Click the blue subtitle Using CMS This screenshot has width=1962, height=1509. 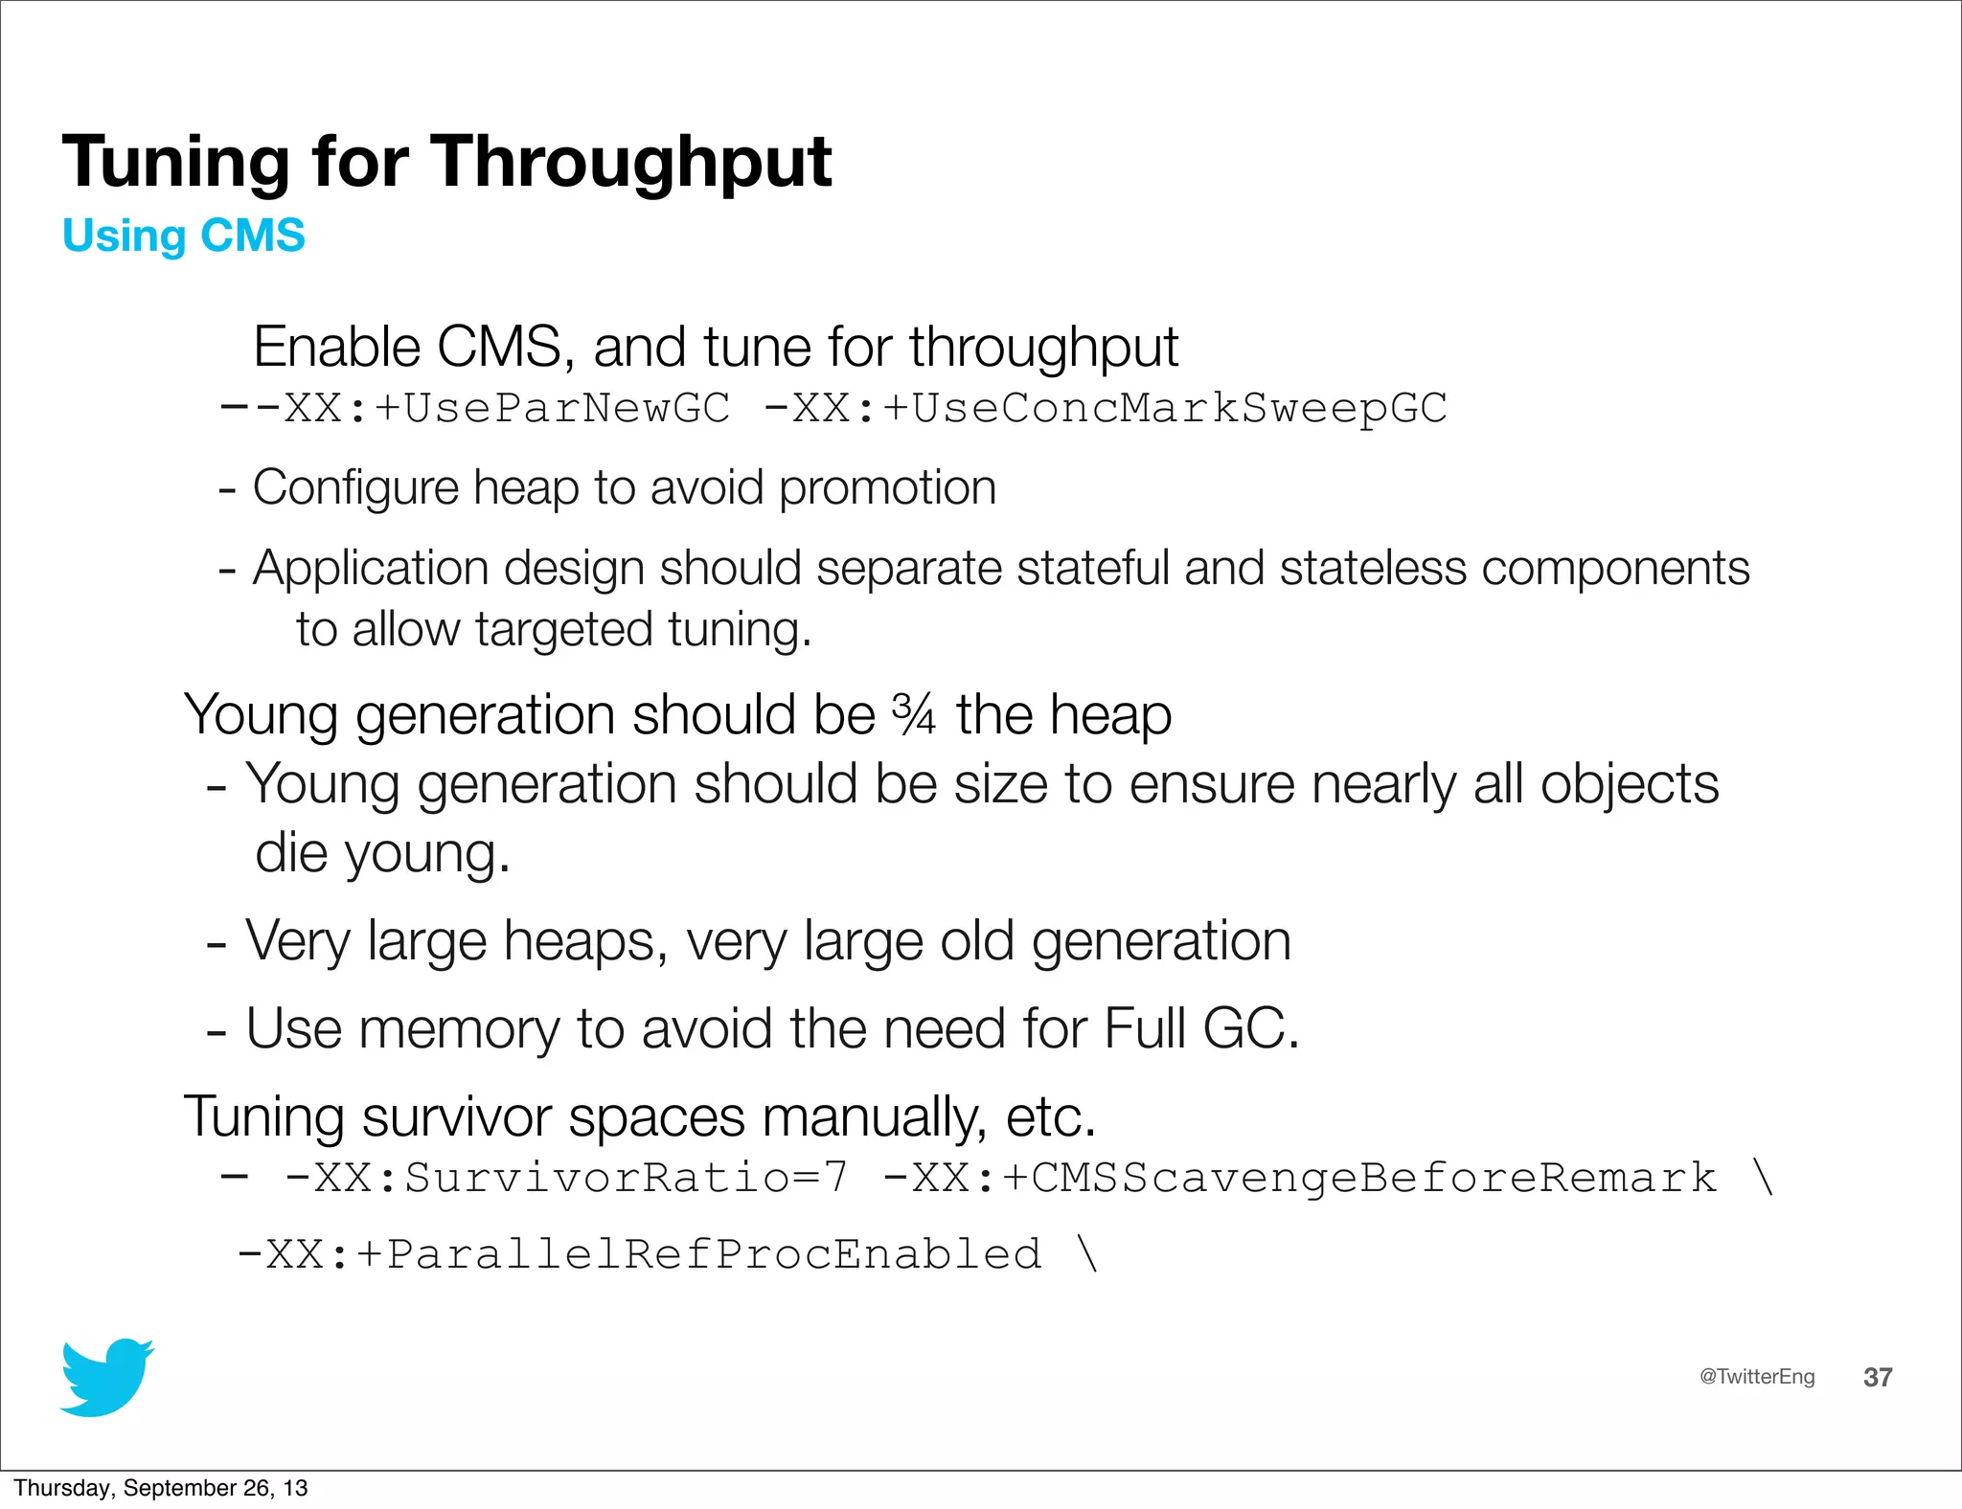pyautogui.click(x=183, y=236)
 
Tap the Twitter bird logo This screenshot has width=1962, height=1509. pyautogui.click(x=106, y=1377)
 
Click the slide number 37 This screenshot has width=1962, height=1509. pyautogui.click(x=1877, y=1377)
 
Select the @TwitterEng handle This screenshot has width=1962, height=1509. pyautogui.click(x=1756, y=1376)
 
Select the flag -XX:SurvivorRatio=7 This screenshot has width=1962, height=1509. pyautogui.click(x=565, y=1178)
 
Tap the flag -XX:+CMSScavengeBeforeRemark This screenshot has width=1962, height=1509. pyautogui.click(x=1299, y=1178)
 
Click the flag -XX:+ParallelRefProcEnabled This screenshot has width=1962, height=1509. pyautogui.click(x=639, y=1254)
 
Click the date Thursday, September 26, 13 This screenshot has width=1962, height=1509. pyautogui.click(x=160, y=1487)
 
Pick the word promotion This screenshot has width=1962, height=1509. pyautogui.click(x=887, y=488)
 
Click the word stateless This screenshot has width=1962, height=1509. pyautogui.click(x=1373, y=568)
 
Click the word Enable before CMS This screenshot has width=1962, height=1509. pyautogui.click(x=337, y=347)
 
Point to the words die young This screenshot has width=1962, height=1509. pyautogui.click(x=382, y=854)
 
